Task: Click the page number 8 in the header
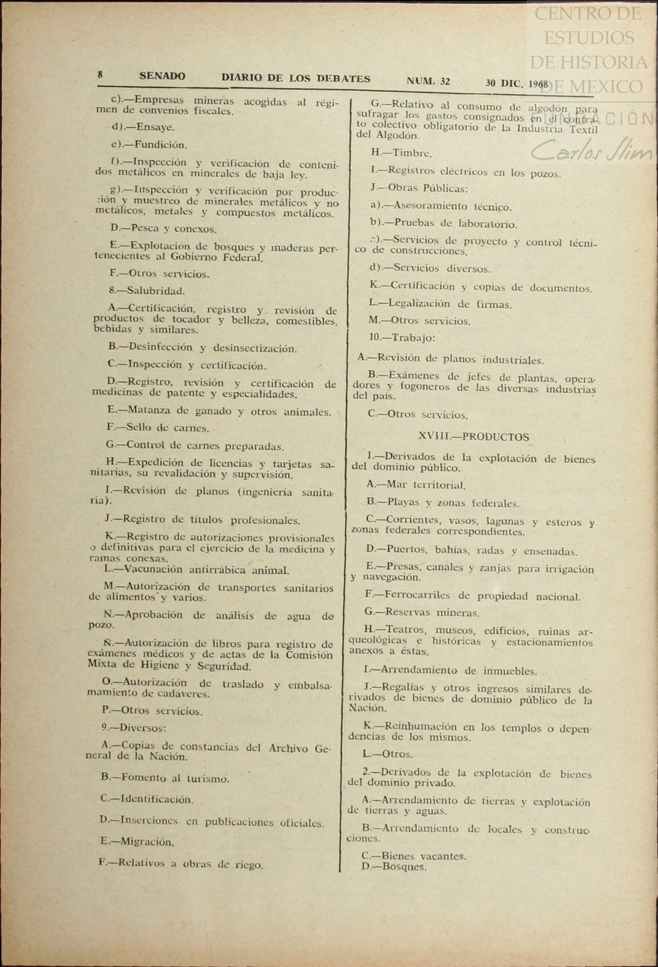pyautogui.click(x=100, y=75)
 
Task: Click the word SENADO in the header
pyautogui.click(x=162, y=76)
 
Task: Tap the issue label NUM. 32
pyautogui.click(x=428, y=81)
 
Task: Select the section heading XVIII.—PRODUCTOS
pyautogui.click(x=473, y=437)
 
